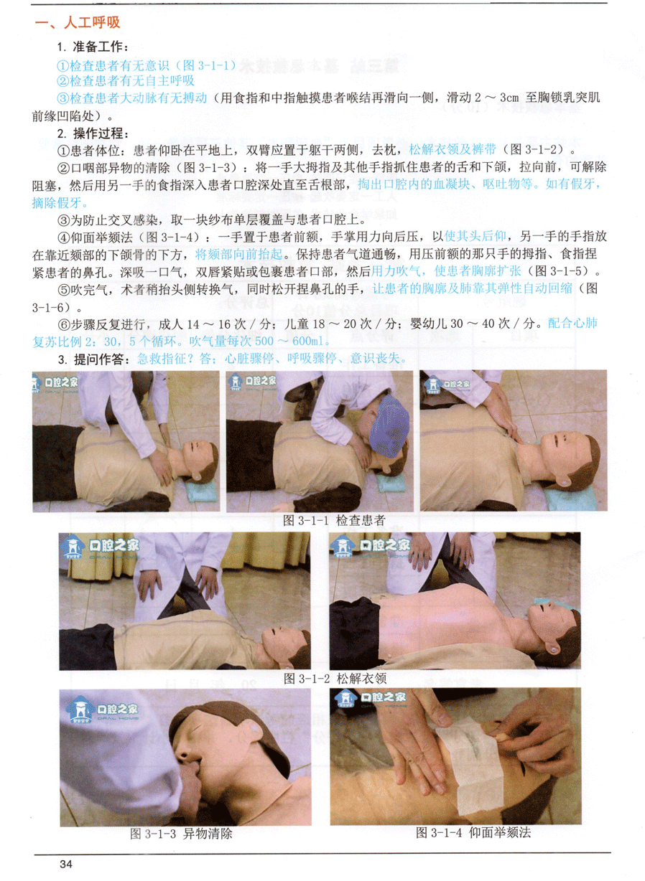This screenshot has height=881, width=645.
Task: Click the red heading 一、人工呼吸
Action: (x=77, y=22)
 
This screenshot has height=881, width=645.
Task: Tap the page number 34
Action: (x=66, y=864)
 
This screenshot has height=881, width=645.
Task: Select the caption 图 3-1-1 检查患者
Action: (x=334, y=520)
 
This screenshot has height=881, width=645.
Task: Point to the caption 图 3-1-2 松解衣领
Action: (x=335, y=677)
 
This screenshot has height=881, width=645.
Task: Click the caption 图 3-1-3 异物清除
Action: (x=181, y=833)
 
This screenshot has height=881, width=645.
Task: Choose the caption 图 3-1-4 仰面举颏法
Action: (x=473, y=831)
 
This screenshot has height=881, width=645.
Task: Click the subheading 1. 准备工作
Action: (x=93, y=47)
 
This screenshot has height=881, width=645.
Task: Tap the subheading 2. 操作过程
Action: (x=93, y=133)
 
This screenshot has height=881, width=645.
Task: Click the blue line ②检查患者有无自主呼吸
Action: (x=126, y=81)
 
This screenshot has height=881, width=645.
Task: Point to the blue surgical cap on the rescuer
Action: (x=389, y=427)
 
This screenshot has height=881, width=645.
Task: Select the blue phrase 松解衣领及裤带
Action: (x=453, y=149)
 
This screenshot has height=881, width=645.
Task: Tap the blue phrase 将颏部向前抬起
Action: (x=239, y=255)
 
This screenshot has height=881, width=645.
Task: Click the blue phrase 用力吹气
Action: (x=396, y=271)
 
